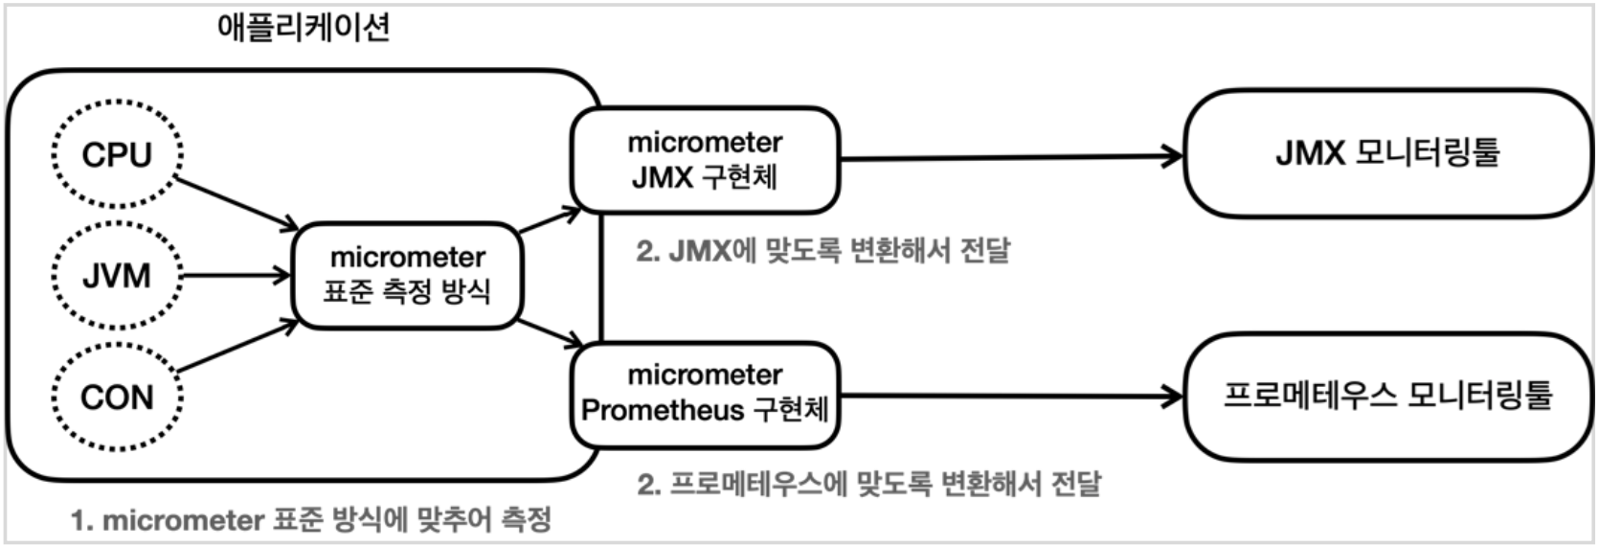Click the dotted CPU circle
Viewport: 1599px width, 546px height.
pos(117,154)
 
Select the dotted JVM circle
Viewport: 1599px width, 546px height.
pos(117,276)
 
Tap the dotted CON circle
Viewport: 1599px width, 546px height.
pos(117,397)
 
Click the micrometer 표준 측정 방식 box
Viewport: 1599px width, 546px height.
pos(407,275)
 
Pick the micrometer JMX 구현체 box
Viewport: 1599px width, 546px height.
pos(705,160)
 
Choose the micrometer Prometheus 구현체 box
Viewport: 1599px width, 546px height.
pos(705,393)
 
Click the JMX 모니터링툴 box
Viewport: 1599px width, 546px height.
pos(1387,153)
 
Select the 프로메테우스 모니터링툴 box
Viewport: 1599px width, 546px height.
pos(1387,395)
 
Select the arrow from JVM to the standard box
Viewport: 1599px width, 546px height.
pos(236,276)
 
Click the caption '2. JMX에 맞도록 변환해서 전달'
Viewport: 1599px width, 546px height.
pos(823,251)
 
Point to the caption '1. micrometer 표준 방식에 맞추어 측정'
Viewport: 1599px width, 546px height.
pos(311,520)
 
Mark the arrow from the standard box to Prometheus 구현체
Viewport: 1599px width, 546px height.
pos(550,333)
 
